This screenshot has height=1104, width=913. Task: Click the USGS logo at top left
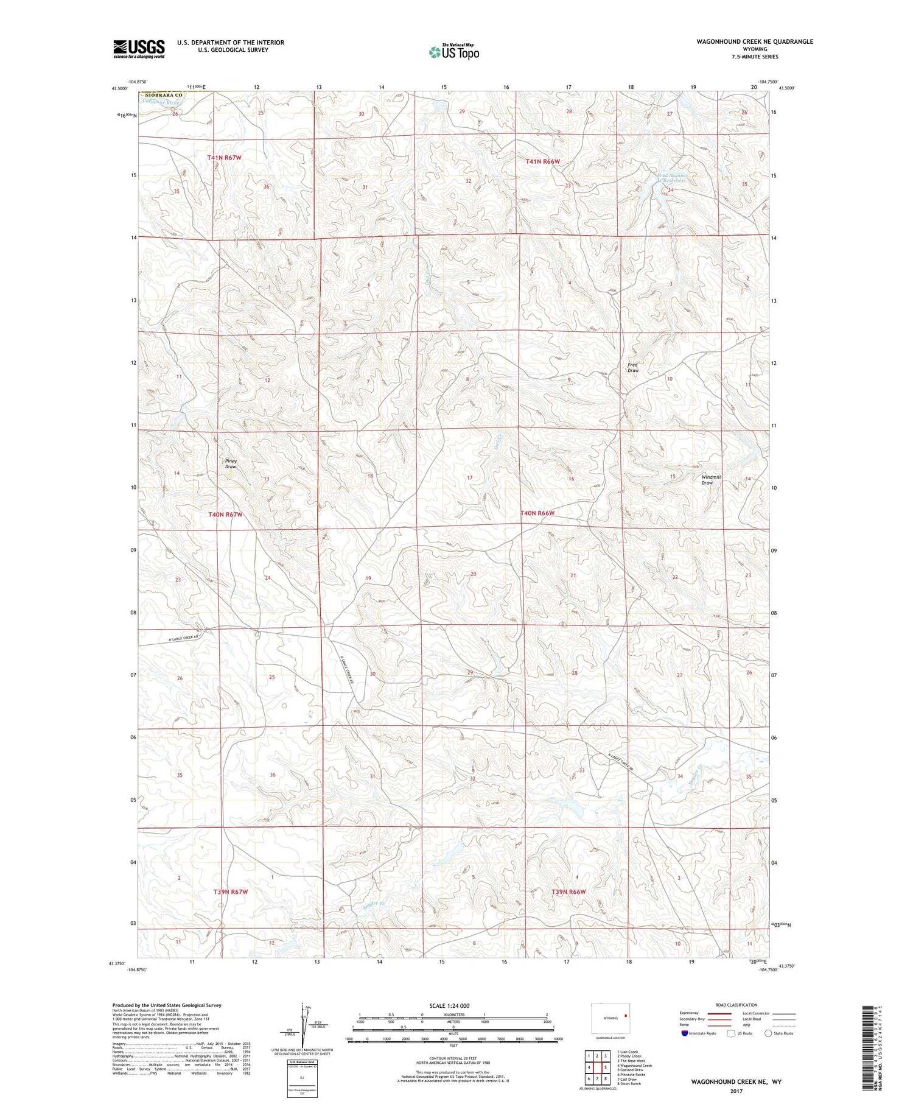click(139, 49)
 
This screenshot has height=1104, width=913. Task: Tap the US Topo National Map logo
click(454, 52)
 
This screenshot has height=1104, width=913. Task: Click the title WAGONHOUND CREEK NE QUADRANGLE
click(755, 41)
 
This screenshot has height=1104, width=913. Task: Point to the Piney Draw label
click(230, 463)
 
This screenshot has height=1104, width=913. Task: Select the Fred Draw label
click(633, 367)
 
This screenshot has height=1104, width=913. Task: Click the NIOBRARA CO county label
click(163, 95)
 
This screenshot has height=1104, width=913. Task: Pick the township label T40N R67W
click(225, 515)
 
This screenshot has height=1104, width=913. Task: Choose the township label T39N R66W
click(568, 892)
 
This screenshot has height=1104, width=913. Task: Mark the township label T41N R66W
click(542, 161)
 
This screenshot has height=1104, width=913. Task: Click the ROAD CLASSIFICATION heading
click(736, 1005)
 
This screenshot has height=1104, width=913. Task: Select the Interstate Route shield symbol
click(685, 1033)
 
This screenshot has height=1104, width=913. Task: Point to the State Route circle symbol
click(768, 1033)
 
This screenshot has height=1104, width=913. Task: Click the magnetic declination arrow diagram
click(303, 1024)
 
